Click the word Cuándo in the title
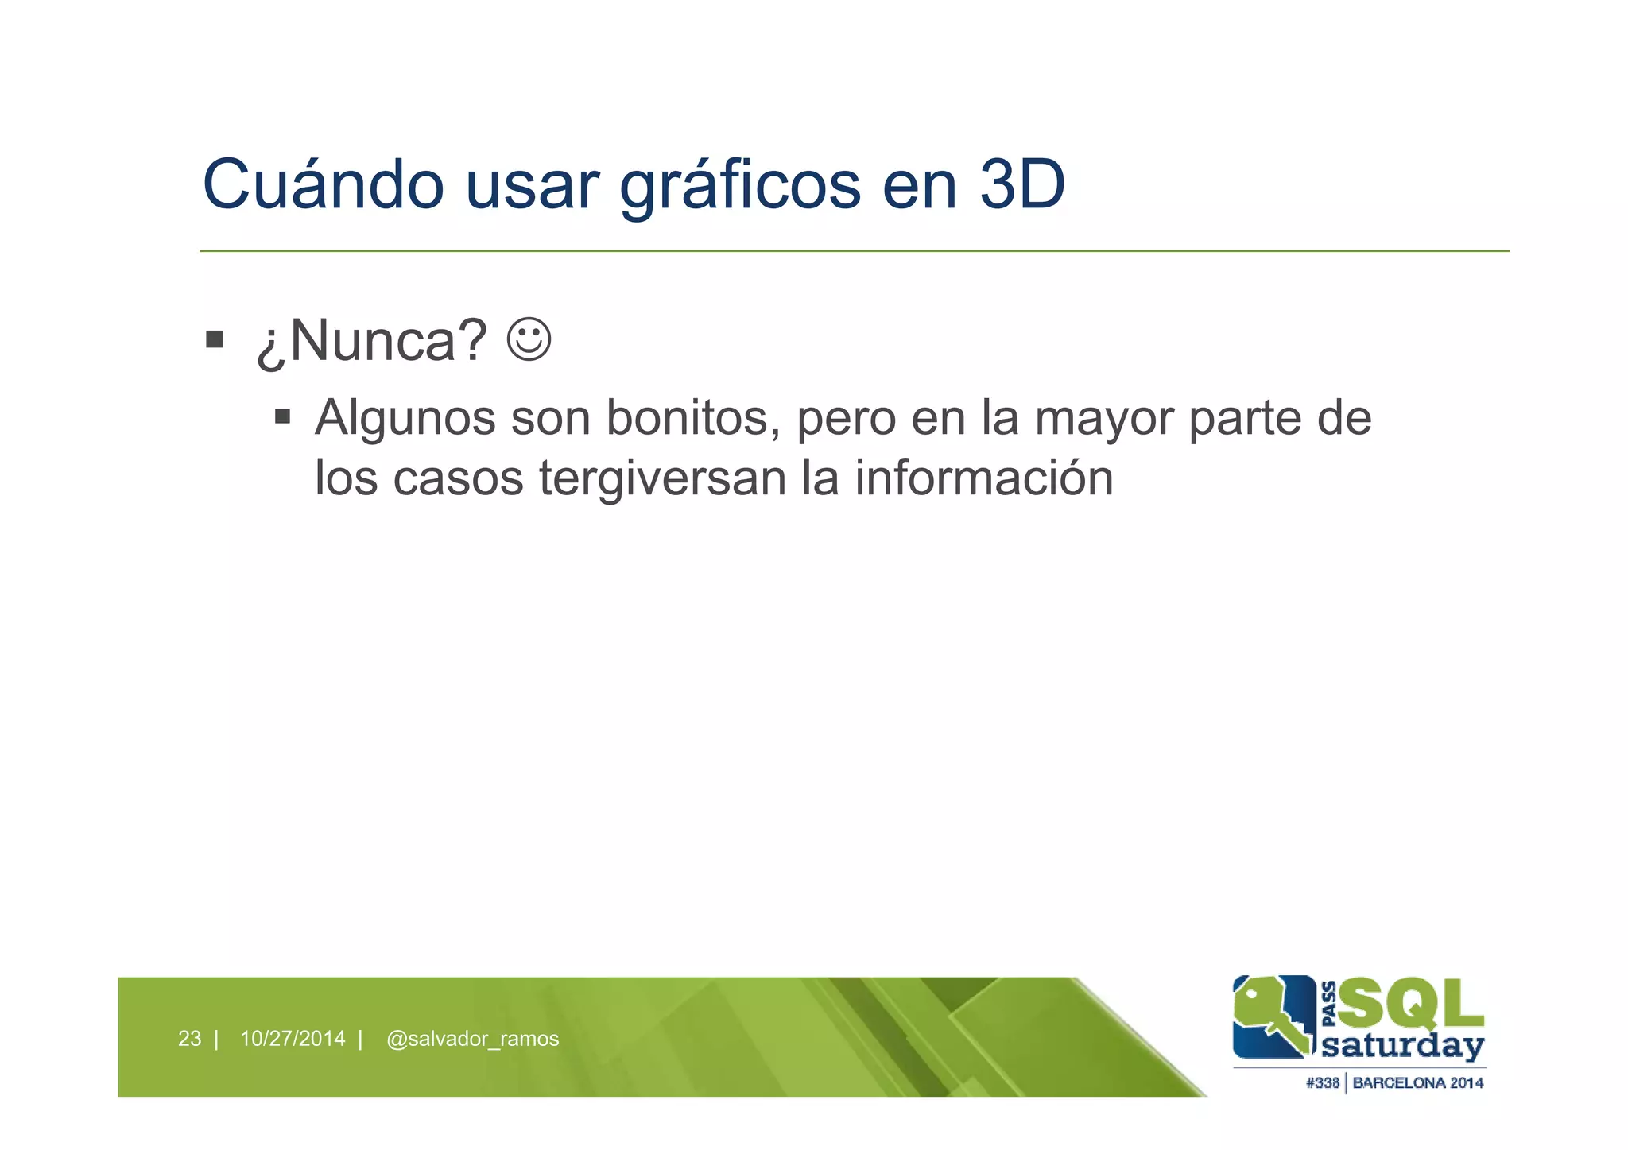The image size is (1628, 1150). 323,184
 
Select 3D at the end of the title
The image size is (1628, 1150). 1021,184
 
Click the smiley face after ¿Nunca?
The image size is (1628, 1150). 529,340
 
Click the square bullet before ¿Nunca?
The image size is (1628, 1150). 214,340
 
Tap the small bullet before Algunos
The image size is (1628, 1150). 282,416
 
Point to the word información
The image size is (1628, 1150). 984,478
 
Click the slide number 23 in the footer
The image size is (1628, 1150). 189,1039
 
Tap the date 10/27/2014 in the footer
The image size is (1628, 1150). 293,1039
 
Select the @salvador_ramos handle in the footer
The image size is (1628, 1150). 472,1039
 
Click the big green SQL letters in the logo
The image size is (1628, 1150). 1411,1003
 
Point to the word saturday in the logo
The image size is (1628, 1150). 1403,1046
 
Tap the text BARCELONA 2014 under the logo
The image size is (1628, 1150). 1418,1083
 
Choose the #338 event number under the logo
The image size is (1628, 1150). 1322,1083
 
